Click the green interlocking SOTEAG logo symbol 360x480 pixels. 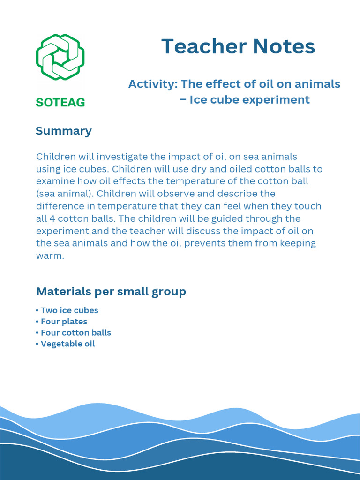coord(60,57)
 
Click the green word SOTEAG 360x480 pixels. coord(60,102)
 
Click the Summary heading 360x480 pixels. coord(64,131)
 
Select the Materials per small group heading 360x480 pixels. coord(111,292)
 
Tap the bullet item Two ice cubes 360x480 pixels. coord(69,310)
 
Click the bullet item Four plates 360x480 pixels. coord(64,322)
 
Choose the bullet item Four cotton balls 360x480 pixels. coord(75,333)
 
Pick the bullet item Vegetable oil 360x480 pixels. coord(67,344)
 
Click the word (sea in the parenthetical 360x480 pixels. coord(45,194)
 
